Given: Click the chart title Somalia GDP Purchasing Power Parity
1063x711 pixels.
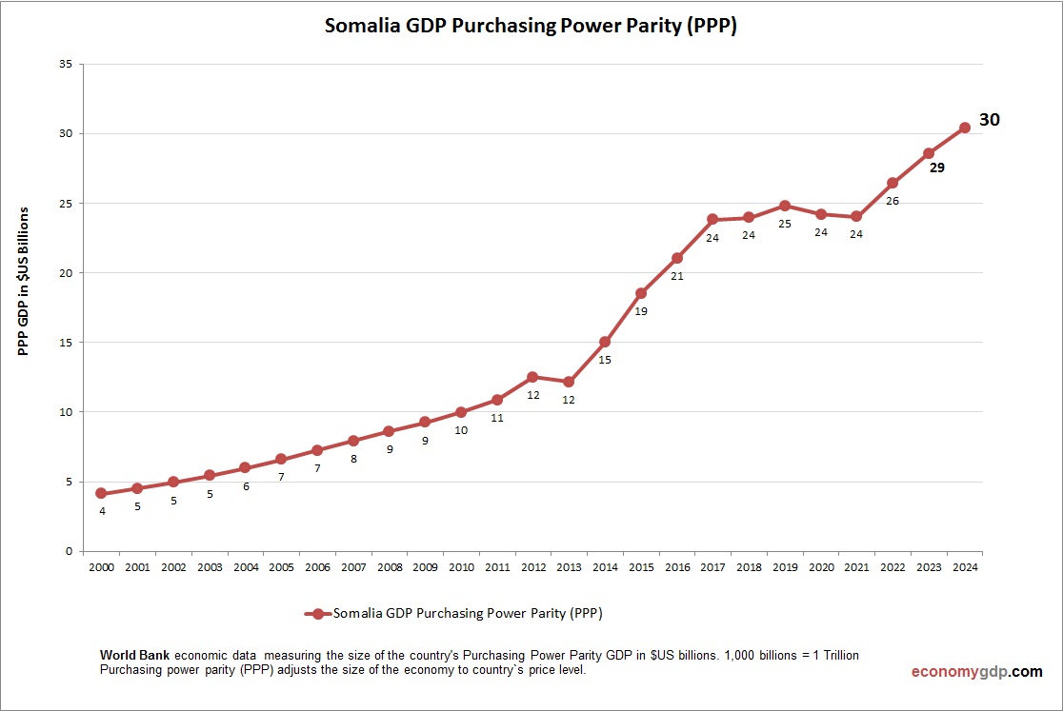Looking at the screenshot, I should tap(531, 26).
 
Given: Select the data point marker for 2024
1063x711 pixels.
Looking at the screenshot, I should tap(964, 128).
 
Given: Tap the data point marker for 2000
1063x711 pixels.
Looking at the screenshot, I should tap(101, 493).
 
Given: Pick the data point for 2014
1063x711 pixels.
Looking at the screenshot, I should tap(605, 342).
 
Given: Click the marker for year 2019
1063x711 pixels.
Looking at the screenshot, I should tap(785, 206).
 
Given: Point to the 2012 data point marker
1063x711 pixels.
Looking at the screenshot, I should tap(532, 377).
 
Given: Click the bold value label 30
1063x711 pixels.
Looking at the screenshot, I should tap(989, 120).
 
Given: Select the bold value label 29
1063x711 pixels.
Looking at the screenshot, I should tap(937, 168).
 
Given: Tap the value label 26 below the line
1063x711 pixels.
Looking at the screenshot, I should tap(893, 201).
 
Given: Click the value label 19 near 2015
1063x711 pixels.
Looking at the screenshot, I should tap(641, 311).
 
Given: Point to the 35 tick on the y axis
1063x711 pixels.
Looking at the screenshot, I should tap(66, 65).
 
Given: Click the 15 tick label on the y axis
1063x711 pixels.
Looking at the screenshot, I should tap(66, 343).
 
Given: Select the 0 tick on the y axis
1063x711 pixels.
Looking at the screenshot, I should tap(69, 551).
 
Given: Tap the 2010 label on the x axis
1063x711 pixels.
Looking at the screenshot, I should tap(461, 567).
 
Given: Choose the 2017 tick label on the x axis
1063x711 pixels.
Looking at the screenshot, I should tap(712, 567).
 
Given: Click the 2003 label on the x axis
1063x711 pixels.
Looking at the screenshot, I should tap(209, 567).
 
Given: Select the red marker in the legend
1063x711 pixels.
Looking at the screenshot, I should tap(318, 614).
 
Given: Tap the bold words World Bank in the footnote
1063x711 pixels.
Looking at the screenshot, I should tap(135, 656).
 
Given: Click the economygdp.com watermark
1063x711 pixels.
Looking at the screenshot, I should tap(976, 671).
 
